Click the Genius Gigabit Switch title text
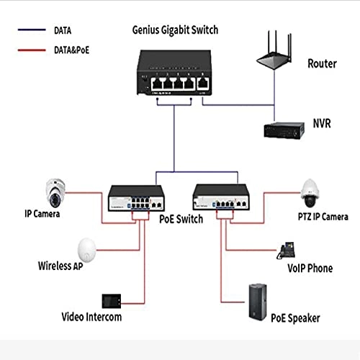pos(175,30)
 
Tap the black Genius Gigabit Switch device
pos(173,75)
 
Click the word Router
pos(322,63)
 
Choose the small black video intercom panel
pos(112,299)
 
